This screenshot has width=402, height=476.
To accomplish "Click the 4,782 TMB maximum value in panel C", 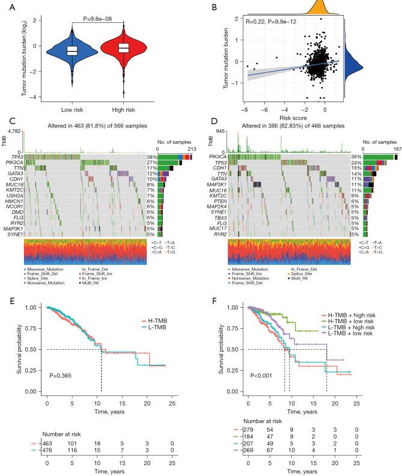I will (15, 130).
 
